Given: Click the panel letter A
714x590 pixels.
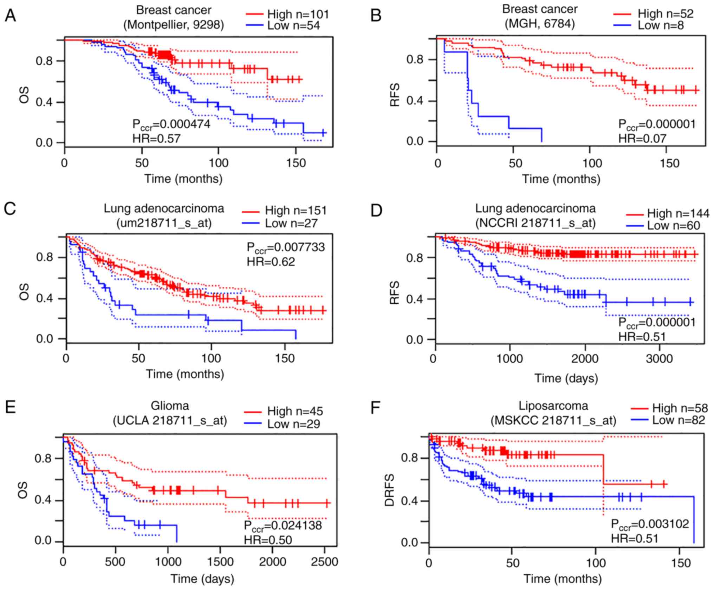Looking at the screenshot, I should (x=10, y=15).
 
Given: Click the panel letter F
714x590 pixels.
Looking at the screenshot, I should (x=376, y=408).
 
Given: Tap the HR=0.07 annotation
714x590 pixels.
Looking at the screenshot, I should (x=642, y=138).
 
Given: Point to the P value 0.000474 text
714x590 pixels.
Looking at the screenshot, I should (x=171, y=124).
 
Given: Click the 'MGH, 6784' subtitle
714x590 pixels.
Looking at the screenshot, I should (x=540, y=24).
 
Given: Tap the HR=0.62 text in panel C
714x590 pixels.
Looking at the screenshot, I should (x=271, y=261).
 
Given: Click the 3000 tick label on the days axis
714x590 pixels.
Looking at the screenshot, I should (x=659, y=359).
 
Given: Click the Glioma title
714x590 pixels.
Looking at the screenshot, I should (x=170, y=406).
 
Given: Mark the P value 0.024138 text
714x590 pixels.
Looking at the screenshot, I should (x=283, y=526).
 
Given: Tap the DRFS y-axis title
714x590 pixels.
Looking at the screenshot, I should (x=390, y=490).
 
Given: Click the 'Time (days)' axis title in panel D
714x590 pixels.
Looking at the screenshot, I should (x=566, y=378).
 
